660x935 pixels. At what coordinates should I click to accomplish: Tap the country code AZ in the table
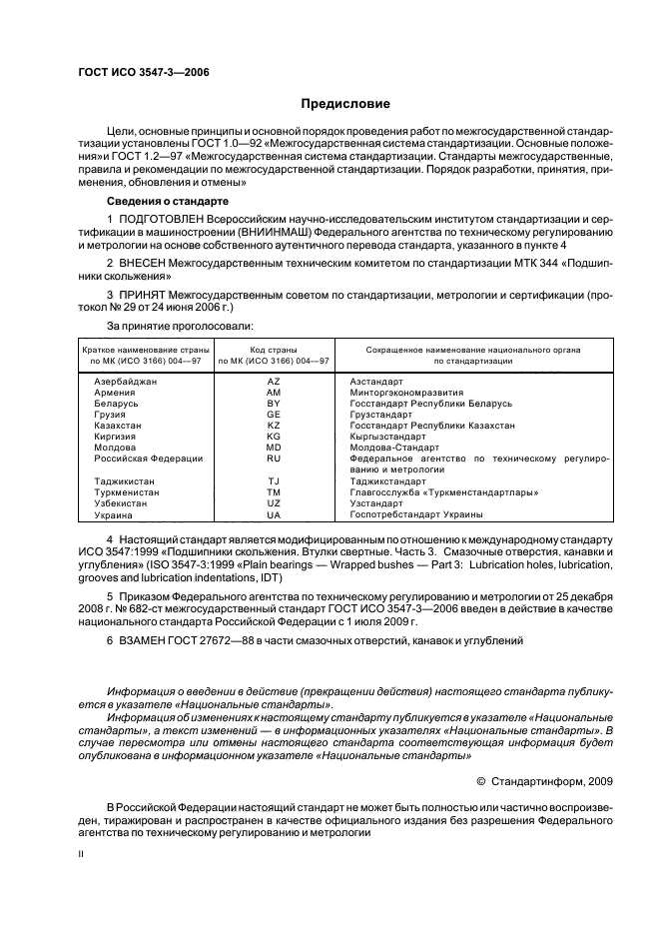tap(274, 382)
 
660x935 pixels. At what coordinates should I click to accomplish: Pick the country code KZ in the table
tap(274, 426)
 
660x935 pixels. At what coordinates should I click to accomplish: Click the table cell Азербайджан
tap(124, 382)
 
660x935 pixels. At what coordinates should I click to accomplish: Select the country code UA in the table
tap(274, 514)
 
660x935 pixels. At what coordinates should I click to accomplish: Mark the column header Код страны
tap(274, 350)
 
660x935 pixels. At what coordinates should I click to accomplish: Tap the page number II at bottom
tap(81, 855)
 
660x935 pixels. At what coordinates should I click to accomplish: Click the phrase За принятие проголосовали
tap(179, 327)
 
